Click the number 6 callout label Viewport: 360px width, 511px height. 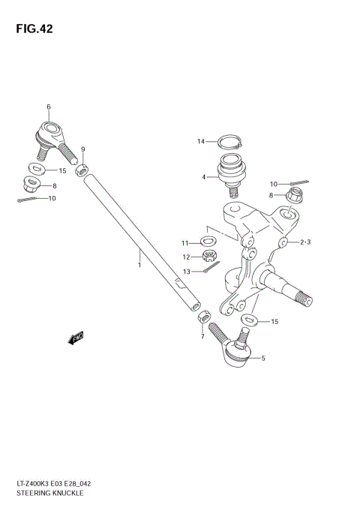click(49, 107)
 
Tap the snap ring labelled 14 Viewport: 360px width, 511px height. click(229, 140)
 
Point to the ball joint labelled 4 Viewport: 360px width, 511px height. click(232, 170)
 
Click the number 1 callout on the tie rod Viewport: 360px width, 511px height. click(139, 264)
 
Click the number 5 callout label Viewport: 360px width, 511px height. click(262, 359)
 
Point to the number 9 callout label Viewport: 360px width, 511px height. click(83, 149)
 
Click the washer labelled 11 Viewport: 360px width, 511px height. click(208, 242)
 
